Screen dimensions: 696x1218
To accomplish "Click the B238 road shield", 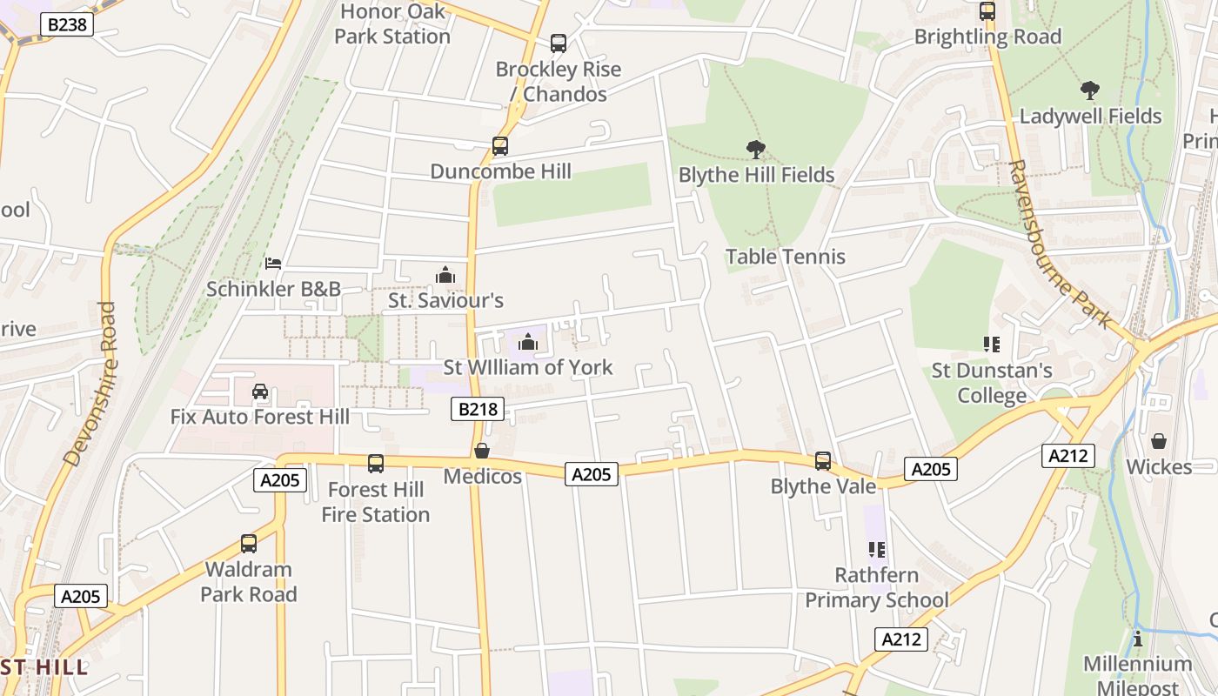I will pyautogui.click(x=67, y=24).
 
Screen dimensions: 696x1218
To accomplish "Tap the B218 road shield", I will pyautogui.click(x=478, y=409).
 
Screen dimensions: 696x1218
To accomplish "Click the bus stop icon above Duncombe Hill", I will pyautogui.click(x=500, y=145).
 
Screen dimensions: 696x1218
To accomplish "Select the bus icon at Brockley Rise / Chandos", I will pyautogui.click(x=559, y=43).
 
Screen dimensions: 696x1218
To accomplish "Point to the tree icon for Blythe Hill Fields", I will pyautogui.click(x=756, y=150).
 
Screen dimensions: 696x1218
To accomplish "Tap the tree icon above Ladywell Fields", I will pyautogui.click(x=1089, y=90).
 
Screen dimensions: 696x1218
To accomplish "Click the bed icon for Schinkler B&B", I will pyautogui.click(x=273, y=263).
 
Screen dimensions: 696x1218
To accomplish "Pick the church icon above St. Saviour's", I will pyautogui.click(x=445, y=276).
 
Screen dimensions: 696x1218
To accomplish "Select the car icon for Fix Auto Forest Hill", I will pyautogui.click(x=260, y=391).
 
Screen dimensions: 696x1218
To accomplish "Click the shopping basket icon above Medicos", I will pyautogui.click(x=482, y=451).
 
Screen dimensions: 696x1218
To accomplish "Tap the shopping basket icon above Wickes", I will pyautogui.click(x=1159, y=442).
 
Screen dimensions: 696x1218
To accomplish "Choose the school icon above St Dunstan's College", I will pyautogui.click(x=991, y=345).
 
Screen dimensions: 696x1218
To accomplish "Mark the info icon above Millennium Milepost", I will pyautogui.click(x=1137, y=639).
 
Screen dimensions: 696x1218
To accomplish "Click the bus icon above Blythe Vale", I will pyautogui.click(x=823, y=460).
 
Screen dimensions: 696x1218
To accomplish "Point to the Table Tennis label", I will pyautogui.click(x=786, y=257).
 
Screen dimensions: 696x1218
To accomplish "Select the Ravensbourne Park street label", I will pyautogui.click(x=1061, y=244).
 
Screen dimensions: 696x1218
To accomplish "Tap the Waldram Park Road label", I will pyautogui.click(x=249, y=582).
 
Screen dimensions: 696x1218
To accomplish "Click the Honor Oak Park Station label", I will pyautogui.click(x=392, y=24).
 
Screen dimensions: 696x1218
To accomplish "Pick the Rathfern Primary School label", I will pyautogui.click(x=877, y=588).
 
